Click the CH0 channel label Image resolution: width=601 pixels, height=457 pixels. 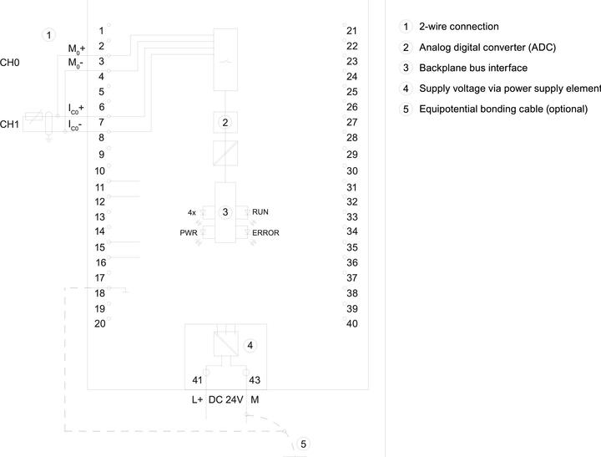tap(9, 63)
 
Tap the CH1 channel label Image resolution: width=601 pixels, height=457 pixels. tap(9, 124)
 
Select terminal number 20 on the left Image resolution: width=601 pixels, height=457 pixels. tap(100, 324)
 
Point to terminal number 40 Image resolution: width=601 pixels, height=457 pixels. tap(352, 324)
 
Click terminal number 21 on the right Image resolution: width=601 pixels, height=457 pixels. tap(352, 31)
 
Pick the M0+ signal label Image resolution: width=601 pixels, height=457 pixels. tap(77, 48)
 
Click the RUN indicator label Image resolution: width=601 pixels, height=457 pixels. tap(260, 212)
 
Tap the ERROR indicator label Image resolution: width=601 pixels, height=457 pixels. tap(265, 233)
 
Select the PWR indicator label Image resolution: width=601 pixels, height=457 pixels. tap(189, 233)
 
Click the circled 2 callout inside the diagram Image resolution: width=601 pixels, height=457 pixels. tap(225, 123)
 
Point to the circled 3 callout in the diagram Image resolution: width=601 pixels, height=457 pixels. tap(225, 212)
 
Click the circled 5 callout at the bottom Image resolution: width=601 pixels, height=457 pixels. tap(303, 444)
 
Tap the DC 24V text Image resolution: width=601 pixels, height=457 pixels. tap(225, 400)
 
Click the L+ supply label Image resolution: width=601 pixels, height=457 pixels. tap(197, 400)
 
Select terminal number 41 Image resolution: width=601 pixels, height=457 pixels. tap(197, 380)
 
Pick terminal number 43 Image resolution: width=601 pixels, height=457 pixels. tap(255, 380)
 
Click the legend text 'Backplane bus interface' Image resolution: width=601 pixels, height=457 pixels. tap(473, 68)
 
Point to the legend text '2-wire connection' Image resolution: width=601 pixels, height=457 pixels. tap(459, 27)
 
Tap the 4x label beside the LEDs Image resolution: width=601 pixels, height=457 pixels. tap(192, 212)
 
